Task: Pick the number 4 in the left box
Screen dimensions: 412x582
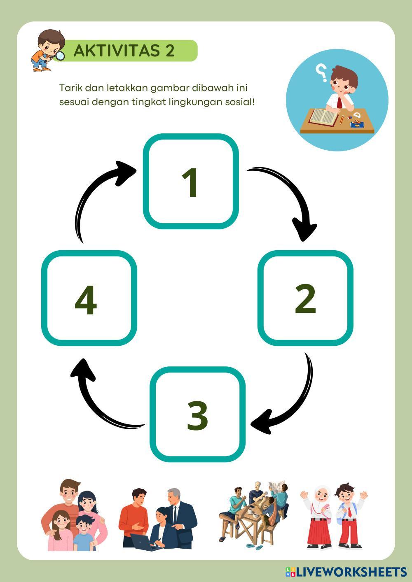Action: coord(86,300)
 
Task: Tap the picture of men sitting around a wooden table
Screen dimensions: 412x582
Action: coord(251,514)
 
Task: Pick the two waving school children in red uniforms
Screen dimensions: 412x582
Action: coord(334,517)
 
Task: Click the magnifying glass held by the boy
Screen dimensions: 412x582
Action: coord(60,56)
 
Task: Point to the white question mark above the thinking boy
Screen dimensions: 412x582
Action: coord(321,72)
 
